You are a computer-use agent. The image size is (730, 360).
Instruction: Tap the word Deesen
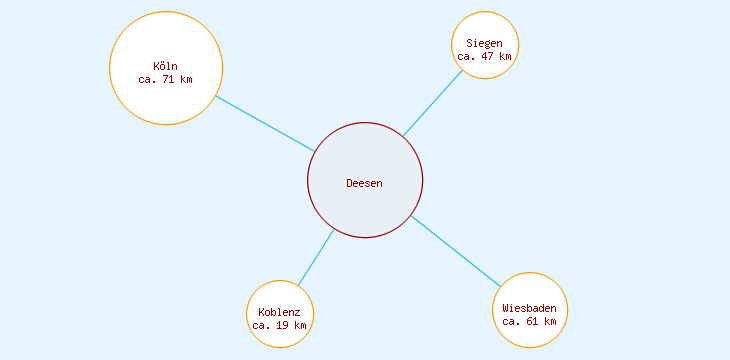click(x=364, y=183)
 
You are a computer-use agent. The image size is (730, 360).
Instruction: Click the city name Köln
click(x=166, y=66)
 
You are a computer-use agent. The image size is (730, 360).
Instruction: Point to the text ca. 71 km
click(x=166, y=79)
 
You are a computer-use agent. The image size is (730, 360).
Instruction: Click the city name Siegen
click(x=485, y=43)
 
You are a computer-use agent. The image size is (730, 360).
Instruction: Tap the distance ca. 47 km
click(x=485, y=56)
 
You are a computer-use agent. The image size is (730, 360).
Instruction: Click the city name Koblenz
click(x=279, y=312)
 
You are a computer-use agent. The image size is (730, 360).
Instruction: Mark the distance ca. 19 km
click(x=279, y=325)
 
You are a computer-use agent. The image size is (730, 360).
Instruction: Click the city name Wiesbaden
click(x=530, y=308)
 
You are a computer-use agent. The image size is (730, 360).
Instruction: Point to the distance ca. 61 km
click(x=530, y=321)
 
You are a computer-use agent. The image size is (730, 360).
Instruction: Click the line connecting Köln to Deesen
click(x=265, y=123)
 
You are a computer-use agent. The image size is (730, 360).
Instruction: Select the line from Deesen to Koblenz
click(x=316, y=257)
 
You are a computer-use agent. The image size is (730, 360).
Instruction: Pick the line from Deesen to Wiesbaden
click(x=455, y=250)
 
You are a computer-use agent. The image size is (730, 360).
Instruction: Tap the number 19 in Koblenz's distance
click(x=279, y=325)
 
